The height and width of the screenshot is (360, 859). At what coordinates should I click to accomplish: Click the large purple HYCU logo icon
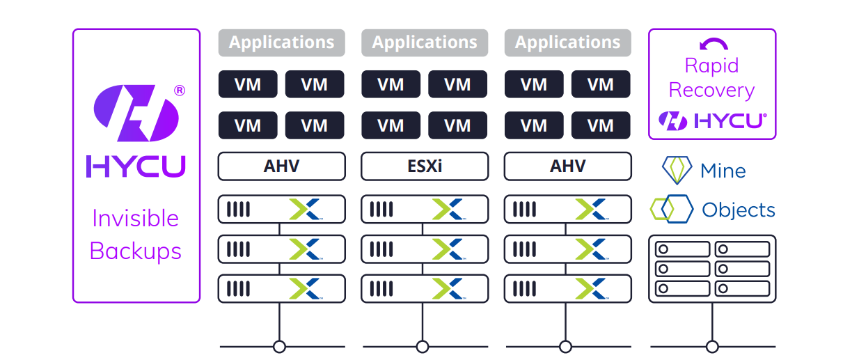pyautogui.click(x=136, y=113)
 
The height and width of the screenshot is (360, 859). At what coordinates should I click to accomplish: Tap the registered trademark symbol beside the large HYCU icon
pyautogui.click(x=180, y=91)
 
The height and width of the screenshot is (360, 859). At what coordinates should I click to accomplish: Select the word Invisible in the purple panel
pyautogui.click(x=136, y=219)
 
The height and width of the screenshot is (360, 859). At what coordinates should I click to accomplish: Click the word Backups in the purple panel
pyautogui.click(x=136, y=251)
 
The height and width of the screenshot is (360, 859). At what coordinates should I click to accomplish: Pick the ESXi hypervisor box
pyautogui.click(x=424, y=167)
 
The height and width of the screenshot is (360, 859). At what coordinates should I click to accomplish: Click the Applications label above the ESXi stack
pyautogui.click(x=424, y=42)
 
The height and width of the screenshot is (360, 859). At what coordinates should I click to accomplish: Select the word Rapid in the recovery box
pyautogui.click(x=711, y=66)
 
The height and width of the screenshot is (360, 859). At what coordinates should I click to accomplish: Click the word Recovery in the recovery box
pyautogui.click(x=711, y=91)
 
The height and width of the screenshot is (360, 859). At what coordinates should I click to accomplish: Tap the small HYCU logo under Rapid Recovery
pyautogui.click(x=712, y=120)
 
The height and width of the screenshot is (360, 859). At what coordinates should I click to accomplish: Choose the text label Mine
pyautogui.click(x=723, y=171)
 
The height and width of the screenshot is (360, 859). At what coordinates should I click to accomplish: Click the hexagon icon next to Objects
pyautogui.click(x=672, y=209)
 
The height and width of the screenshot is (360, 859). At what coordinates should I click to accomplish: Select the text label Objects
pyautogui.click(x=739, y=210)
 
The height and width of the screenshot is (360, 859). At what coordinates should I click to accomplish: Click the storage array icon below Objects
pyautogui.click(x=712, y=269)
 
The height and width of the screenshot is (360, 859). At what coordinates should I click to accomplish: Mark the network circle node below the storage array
pyautogui.click(x=712, y=346)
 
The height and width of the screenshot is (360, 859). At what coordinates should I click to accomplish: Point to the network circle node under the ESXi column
pyautogui.click(x=423, y=346)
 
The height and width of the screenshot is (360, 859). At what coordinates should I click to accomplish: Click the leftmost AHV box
pyautogui.click(x=281, y=167)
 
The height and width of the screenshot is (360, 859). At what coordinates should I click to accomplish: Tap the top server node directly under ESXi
pyautogui.click(x=424, y=209)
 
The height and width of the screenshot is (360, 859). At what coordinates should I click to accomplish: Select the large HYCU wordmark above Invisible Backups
pyautogui.click(x=136, y=166)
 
